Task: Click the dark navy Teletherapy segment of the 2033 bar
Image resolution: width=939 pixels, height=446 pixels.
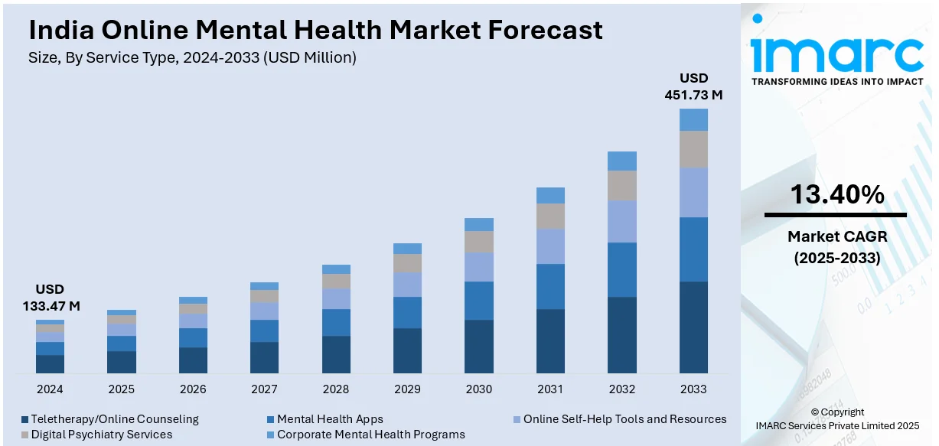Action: [693, 327]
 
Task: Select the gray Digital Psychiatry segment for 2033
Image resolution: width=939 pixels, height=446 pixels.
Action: [693, 149]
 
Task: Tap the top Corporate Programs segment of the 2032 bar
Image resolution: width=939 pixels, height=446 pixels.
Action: [622, 161]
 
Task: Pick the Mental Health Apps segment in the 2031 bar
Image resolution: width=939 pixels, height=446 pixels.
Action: [550, 286]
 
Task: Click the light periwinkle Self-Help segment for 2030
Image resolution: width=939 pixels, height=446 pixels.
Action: [479, 267]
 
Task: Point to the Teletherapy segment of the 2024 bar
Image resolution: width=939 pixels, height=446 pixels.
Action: [50, 364]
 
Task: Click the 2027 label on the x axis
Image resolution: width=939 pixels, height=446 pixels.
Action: [264, 389]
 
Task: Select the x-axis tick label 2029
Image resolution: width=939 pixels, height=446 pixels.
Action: [407, 389]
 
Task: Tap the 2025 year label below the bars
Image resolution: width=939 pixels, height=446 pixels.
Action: [121, 389]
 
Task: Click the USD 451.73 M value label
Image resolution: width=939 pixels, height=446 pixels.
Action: [693, 86]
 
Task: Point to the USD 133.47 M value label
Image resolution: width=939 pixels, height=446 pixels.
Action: [50, 298]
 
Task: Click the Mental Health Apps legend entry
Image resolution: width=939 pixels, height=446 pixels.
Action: [330, 419]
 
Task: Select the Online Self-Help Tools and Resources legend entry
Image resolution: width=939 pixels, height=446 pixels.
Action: [624, 419]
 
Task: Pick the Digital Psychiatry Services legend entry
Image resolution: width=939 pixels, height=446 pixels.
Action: [102, 435]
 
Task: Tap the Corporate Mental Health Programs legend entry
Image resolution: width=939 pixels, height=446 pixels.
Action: [370, 435]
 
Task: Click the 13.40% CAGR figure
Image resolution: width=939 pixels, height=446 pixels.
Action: [836, 195]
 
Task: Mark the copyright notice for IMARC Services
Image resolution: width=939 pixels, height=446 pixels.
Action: [836, 418]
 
